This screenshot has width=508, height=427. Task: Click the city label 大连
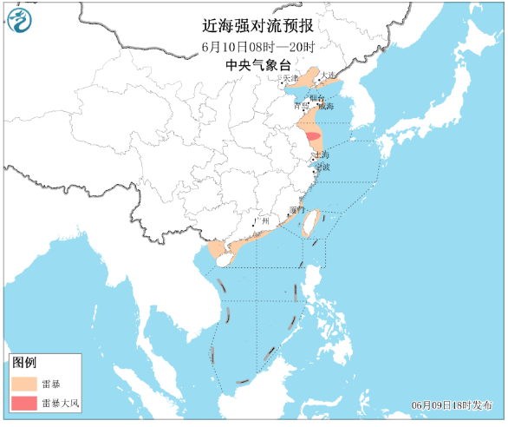[329, 77]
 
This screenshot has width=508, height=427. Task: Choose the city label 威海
[324, 107]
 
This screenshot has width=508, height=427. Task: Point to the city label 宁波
[322, 166]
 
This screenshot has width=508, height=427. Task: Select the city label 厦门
[297, 210]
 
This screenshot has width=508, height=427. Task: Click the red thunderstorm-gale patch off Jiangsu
[312, 135]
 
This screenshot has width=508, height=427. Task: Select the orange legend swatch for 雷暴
[25, 383]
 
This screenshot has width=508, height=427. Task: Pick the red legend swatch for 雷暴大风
[25, 403]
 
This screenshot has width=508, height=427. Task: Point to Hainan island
[224, 259]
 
